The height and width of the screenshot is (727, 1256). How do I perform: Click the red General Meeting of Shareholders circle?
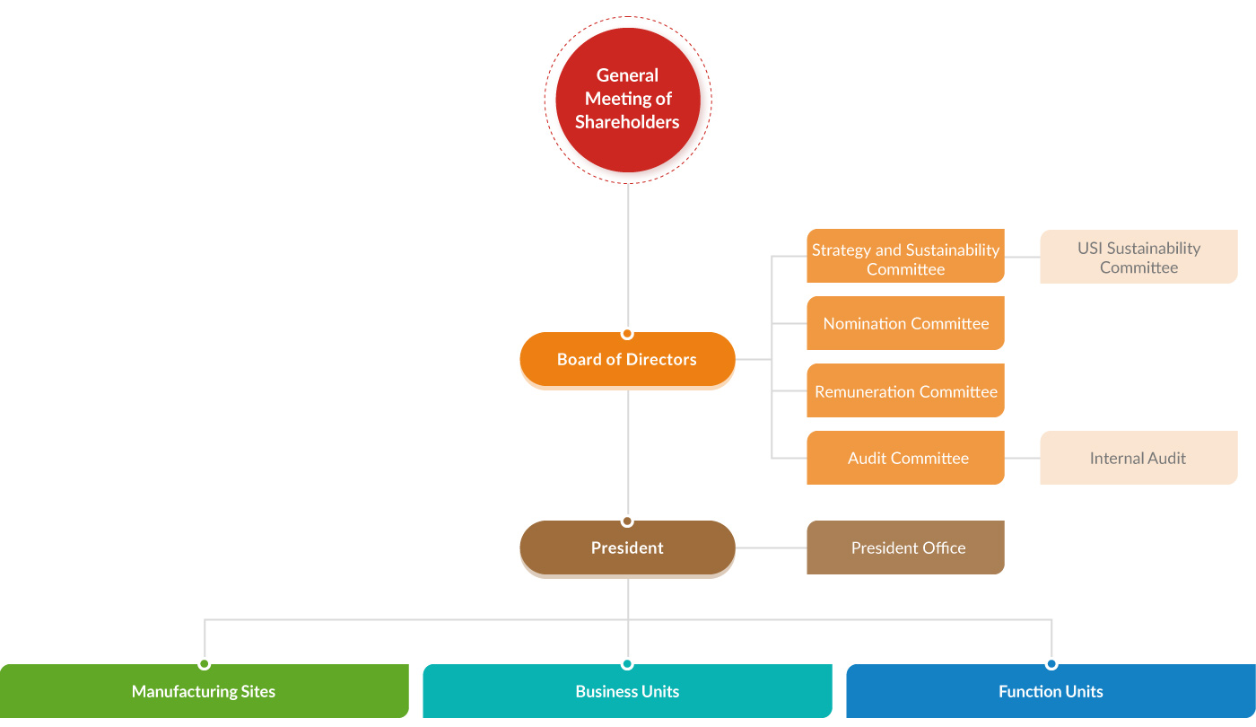pos(627,99)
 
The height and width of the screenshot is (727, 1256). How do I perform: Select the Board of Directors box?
pos(627,359)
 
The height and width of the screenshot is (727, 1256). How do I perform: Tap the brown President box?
pos(627,547)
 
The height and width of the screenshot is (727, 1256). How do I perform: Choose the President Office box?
pos(905,547)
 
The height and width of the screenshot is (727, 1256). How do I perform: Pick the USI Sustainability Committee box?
pos(1138,257)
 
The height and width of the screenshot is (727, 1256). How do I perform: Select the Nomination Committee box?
pos(905,323)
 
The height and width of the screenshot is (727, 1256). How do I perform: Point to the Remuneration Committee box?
pos(905,390)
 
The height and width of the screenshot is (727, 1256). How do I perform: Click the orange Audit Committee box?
pos(905,458)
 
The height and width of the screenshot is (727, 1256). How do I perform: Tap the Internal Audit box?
pos(1138,458)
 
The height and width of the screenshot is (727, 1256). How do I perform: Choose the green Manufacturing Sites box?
pos(204,691)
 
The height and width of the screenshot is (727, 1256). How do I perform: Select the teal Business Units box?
pos(627,691)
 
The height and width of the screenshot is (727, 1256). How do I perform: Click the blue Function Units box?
pos(1051,691)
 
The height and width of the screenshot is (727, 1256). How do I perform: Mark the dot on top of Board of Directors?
pos(627,333)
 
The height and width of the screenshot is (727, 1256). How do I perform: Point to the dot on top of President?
pos(627,521)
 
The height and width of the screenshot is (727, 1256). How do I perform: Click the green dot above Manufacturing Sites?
pos(205,664)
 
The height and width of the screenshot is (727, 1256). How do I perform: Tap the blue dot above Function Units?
pos(1051,664)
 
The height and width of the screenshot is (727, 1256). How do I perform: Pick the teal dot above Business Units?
pos(627,664)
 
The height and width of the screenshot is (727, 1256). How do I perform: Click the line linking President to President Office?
pos(771,547)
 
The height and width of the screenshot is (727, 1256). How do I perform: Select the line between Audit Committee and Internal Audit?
pos(1022,458)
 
